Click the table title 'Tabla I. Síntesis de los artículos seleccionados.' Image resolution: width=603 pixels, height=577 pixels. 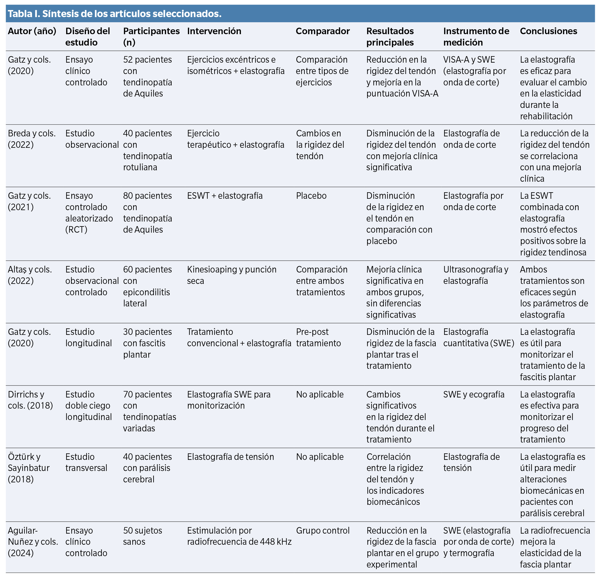(x=114, y=14)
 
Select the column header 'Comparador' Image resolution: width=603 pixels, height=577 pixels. (x=323, y=31)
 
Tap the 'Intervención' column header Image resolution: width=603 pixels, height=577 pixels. (x=214, y=31)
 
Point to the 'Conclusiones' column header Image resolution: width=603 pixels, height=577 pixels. (x=548, y=31)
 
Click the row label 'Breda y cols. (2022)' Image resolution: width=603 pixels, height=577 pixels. (x=32, y=139)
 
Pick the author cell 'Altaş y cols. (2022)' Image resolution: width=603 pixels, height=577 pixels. (x=30, y=275)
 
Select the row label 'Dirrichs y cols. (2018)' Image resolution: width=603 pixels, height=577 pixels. (x=30, y=400)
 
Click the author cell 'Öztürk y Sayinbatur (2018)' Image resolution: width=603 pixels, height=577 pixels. (x=28, y=468)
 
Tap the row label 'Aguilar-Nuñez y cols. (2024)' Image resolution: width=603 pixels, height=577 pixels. (x=33, y=542)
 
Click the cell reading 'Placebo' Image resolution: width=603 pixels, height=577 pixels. (x=311, y=195)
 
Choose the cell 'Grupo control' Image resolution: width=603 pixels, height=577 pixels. (x=323, y=531)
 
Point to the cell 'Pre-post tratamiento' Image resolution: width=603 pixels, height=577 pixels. (x=318, y=337)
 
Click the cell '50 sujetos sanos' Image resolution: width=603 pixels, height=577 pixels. (x=142, y=536)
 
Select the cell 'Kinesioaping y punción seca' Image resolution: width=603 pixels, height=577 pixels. (x=232, y=275)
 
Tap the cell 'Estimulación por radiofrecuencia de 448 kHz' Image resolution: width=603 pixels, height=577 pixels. (x=239, y=536)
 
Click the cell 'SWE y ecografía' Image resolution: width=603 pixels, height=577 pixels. (x=474, y=394)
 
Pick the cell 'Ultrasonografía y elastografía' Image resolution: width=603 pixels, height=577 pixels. (x=475, y=275)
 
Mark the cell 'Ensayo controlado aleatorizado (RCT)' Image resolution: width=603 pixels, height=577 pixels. (x=89, y=213)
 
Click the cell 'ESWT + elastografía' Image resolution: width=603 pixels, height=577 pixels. (x=225, y=195)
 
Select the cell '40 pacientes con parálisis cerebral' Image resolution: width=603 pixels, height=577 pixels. (x=147, y=468)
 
